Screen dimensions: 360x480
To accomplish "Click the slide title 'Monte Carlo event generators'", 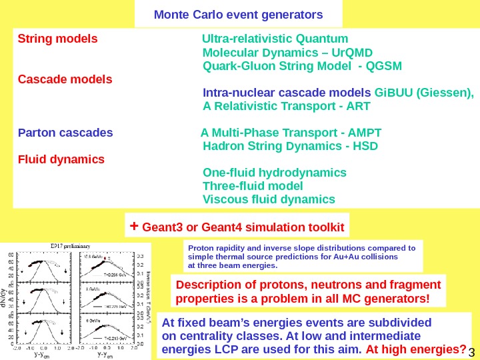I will tap(238, 14).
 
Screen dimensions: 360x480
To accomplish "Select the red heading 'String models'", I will tap(57, 38).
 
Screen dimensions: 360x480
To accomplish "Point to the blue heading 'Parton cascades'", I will tap(65, 132).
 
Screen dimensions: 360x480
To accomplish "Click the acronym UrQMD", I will tap(353, 53).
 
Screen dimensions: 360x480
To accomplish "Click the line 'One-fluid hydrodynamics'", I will tap(274, 173).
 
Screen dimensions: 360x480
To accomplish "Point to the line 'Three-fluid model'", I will tap(253, 186).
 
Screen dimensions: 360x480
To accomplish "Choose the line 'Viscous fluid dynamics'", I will tap(269, 199).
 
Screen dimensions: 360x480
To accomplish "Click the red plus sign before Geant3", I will tap(133, 227).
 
